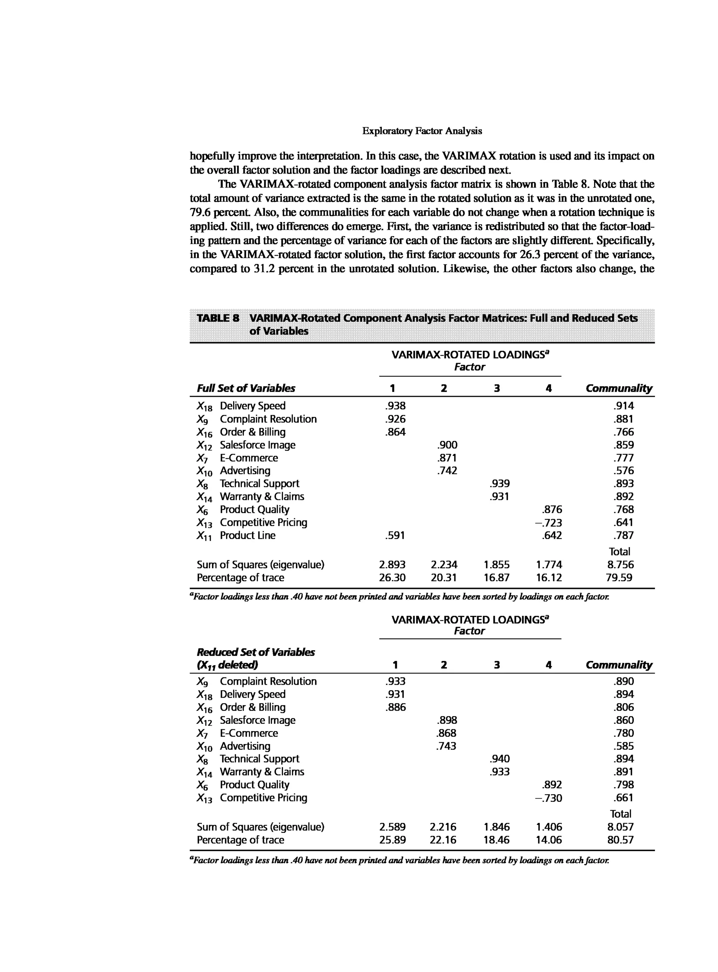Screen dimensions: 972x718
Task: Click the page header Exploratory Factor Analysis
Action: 422,131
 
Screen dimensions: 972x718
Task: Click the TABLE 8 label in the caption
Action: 218,318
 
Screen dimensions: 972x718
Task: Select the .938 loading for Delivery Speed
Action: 395,406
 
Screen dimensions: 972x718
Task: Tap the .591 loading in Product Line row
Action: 395,535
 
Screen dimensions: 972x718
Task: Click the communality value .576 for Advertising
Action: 623,470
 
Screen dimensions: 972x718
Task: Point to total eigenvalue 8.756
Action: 620,564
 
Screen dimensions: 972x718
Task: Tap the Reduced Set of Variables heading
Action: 256,652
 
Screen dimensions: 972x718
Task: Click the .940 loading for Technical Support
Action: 499,759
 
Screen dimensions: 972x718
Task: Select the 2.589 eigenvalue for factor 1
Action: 392,827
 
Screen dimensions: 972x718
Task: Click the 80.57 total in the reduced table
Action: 620,840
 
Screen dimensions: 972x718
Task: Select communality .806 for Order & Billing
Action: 623,707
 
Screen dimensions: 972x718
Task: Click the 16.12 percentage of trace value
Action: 549,577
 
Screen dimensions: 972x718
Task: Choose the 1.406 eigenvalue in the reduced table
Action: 549,827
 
